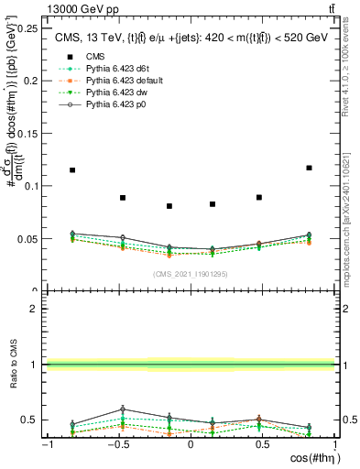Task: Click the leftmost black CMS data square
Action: point(72,170)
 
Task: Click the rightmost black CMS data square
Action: point(309,168)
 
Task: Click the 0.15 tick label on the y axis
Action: point(28,133)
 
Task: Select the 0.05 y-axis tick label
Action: point(28,239)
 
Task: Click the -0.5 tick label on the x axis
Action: point(116,445)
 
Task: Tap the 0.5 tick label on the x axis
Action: point(261,445)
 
